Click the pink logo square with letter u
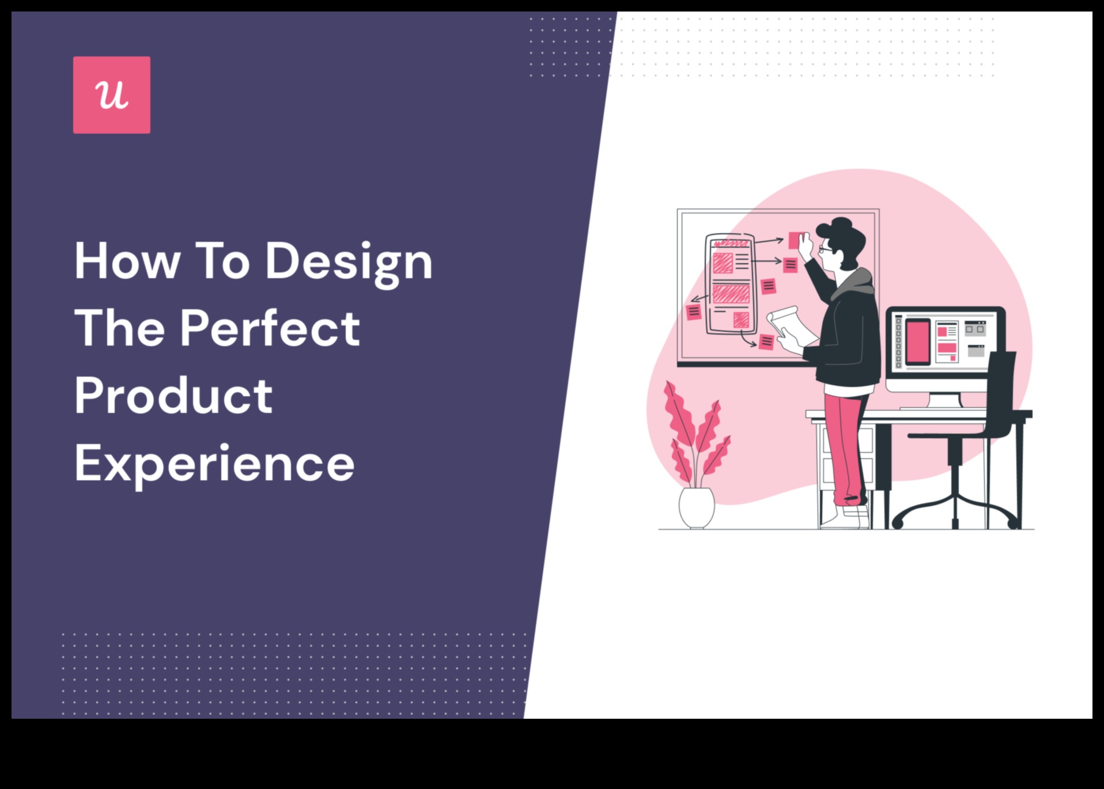pos(112,95)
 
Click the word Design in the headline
pos(349,263)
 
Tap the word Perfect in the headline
pos(270,328)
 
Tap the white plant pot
pos(697,507)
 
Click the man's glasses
pos(825,249)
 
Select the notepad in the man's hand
pos(791,328)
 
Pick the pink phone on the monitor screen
pos(917,342)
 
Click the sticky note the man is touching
pos(797,240)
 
